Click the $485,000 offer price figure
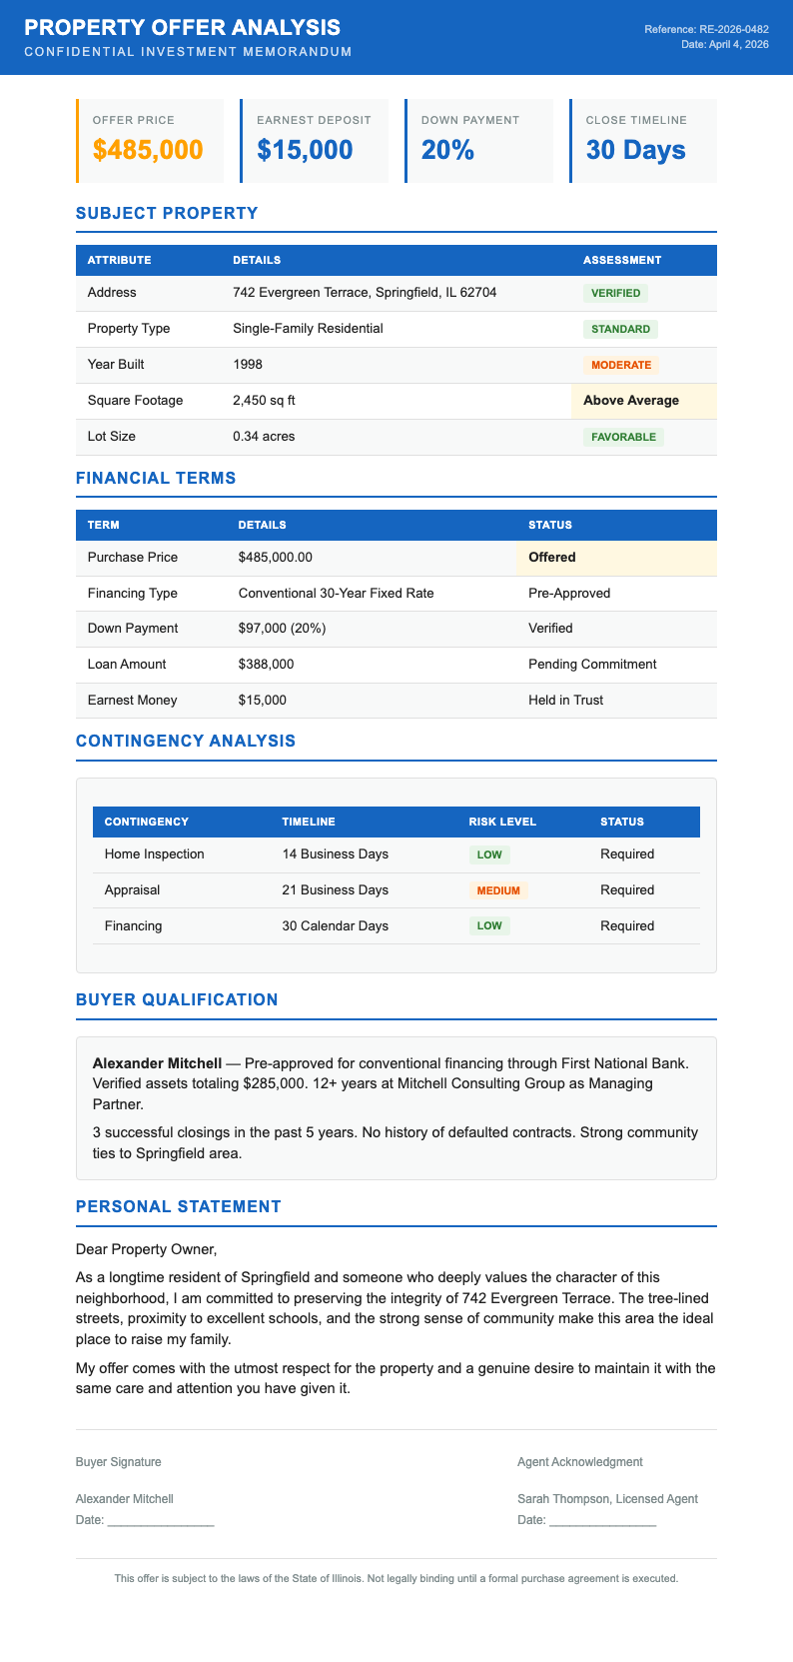(x=148, y=150)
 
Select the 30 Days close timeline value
(x=635, y=150)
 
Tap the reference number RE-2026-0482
(x=734, y=30)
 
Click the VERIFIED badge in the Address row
(x=615, y=293)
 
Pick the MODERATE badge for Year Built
(x=621, y=365)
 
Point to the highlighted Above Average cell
(x=631, y=401)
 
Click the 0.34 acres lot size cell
(x=264, y=437)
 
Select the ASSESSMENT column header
(x=621, y=260)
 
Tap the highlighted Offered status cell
(x=552, y=558)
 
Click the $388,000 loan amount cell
(x=266, y=665)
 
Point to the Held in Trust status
(x=565, y=701)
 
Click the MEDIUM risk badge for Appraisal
(x=497, y=890)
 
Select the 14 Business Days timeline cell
(x=335, y=854)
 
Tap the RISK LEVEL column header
(x=502, y=822)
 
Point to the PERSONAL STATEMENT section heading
(x=178, y=1206)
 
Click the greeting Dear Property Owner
(x=146, y=1249)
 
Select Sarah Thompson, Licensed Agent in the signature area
(x=607, y=1499)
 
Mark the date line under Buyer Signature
(x=160, y=1521)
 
